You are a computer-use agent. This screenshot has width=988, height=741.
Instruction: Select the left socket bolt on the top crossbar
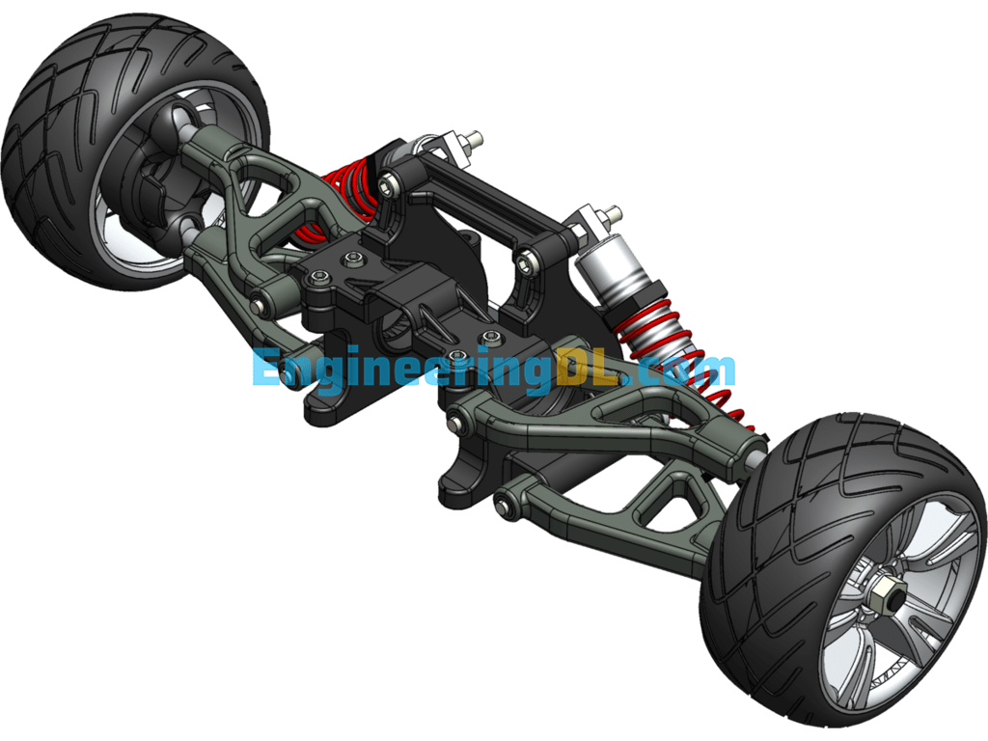(390, 180)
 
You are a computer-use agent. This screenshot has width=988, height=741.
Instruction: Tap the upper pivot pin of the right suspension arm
(455, 420)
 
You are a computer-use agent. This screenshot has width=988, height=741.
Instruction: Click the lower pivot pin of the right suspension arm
(502, 501)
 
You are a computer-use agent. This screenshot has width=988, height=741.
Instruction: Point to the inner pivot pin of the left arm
(259, 305)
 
